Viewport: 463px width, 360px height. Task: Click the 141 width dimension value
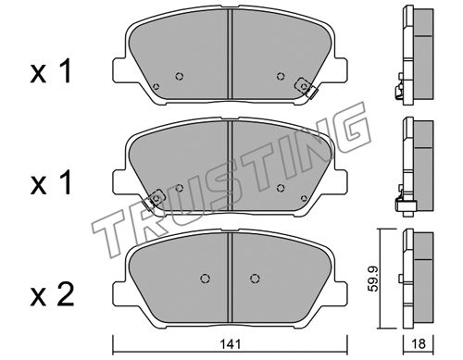(x=231, y=344)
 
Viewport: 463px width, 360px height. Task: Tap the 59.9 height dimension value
(x=374, y=279)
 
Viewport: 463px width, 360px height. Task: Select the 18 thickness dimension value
(x=419, y=343)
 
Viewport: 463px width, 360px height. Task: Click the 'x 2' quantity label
(x=52, y=295)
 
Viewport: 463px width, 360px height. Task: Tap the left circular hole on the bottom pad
(x=205, y=279)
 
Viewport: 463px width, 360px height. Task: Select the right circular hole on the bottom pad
(x=255, y=279)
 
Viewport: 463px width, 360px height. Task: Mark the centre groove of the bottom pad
(x=230, y=278)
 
